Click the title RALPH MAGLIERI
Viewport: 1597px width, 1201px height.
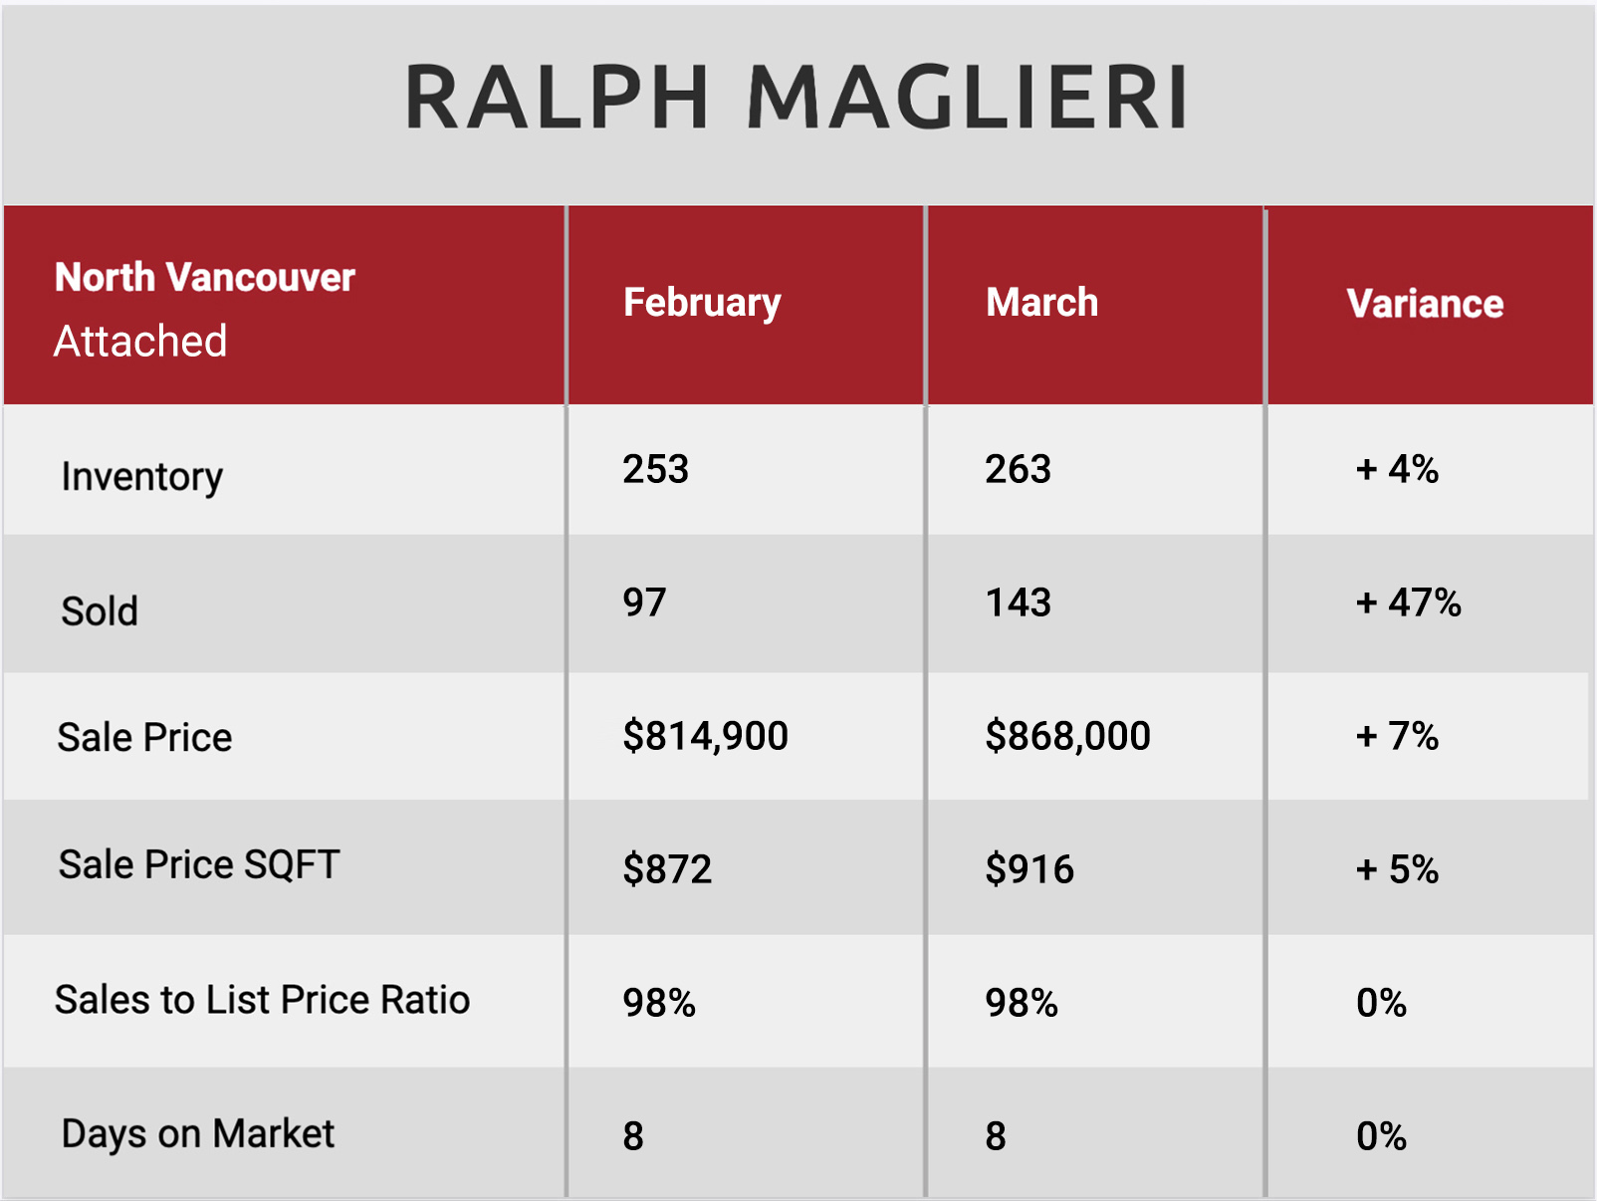796,97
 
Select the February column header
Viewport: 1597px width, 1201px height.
702,304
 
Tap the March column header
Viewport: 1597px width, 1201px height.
1041,302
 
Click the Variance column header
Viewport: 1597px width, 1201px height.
1425,304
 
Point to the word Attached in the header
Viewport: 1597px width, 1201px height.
140,341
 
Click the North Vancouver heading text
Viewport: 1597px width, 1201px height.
204,277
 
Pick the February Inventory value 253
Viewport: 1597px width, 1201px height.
655,468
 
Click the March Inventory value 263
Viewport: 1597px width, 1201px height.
1018,468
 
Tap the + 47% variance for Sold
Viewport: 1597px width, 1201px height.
1409,602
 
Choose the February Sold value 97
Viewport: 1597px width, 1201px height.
644,602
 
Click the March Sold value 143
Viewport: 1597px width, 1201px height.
1018,602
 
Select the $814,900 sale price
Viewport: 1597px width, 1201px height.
705,736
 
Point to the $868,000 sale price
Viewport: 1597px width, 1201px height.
1067,736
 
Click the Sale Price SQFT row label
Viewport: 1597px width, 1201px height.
198,864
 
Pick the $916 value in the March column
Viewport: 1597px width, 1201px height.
1029,868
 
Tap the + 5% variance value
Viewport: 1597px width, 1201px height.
1397,868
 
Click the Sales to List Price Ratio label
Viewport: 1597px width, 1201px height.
262,999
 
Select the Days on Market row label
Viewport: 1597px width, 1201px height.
197,1133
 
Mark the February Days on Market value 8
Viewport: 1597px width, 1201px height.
633,1136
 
